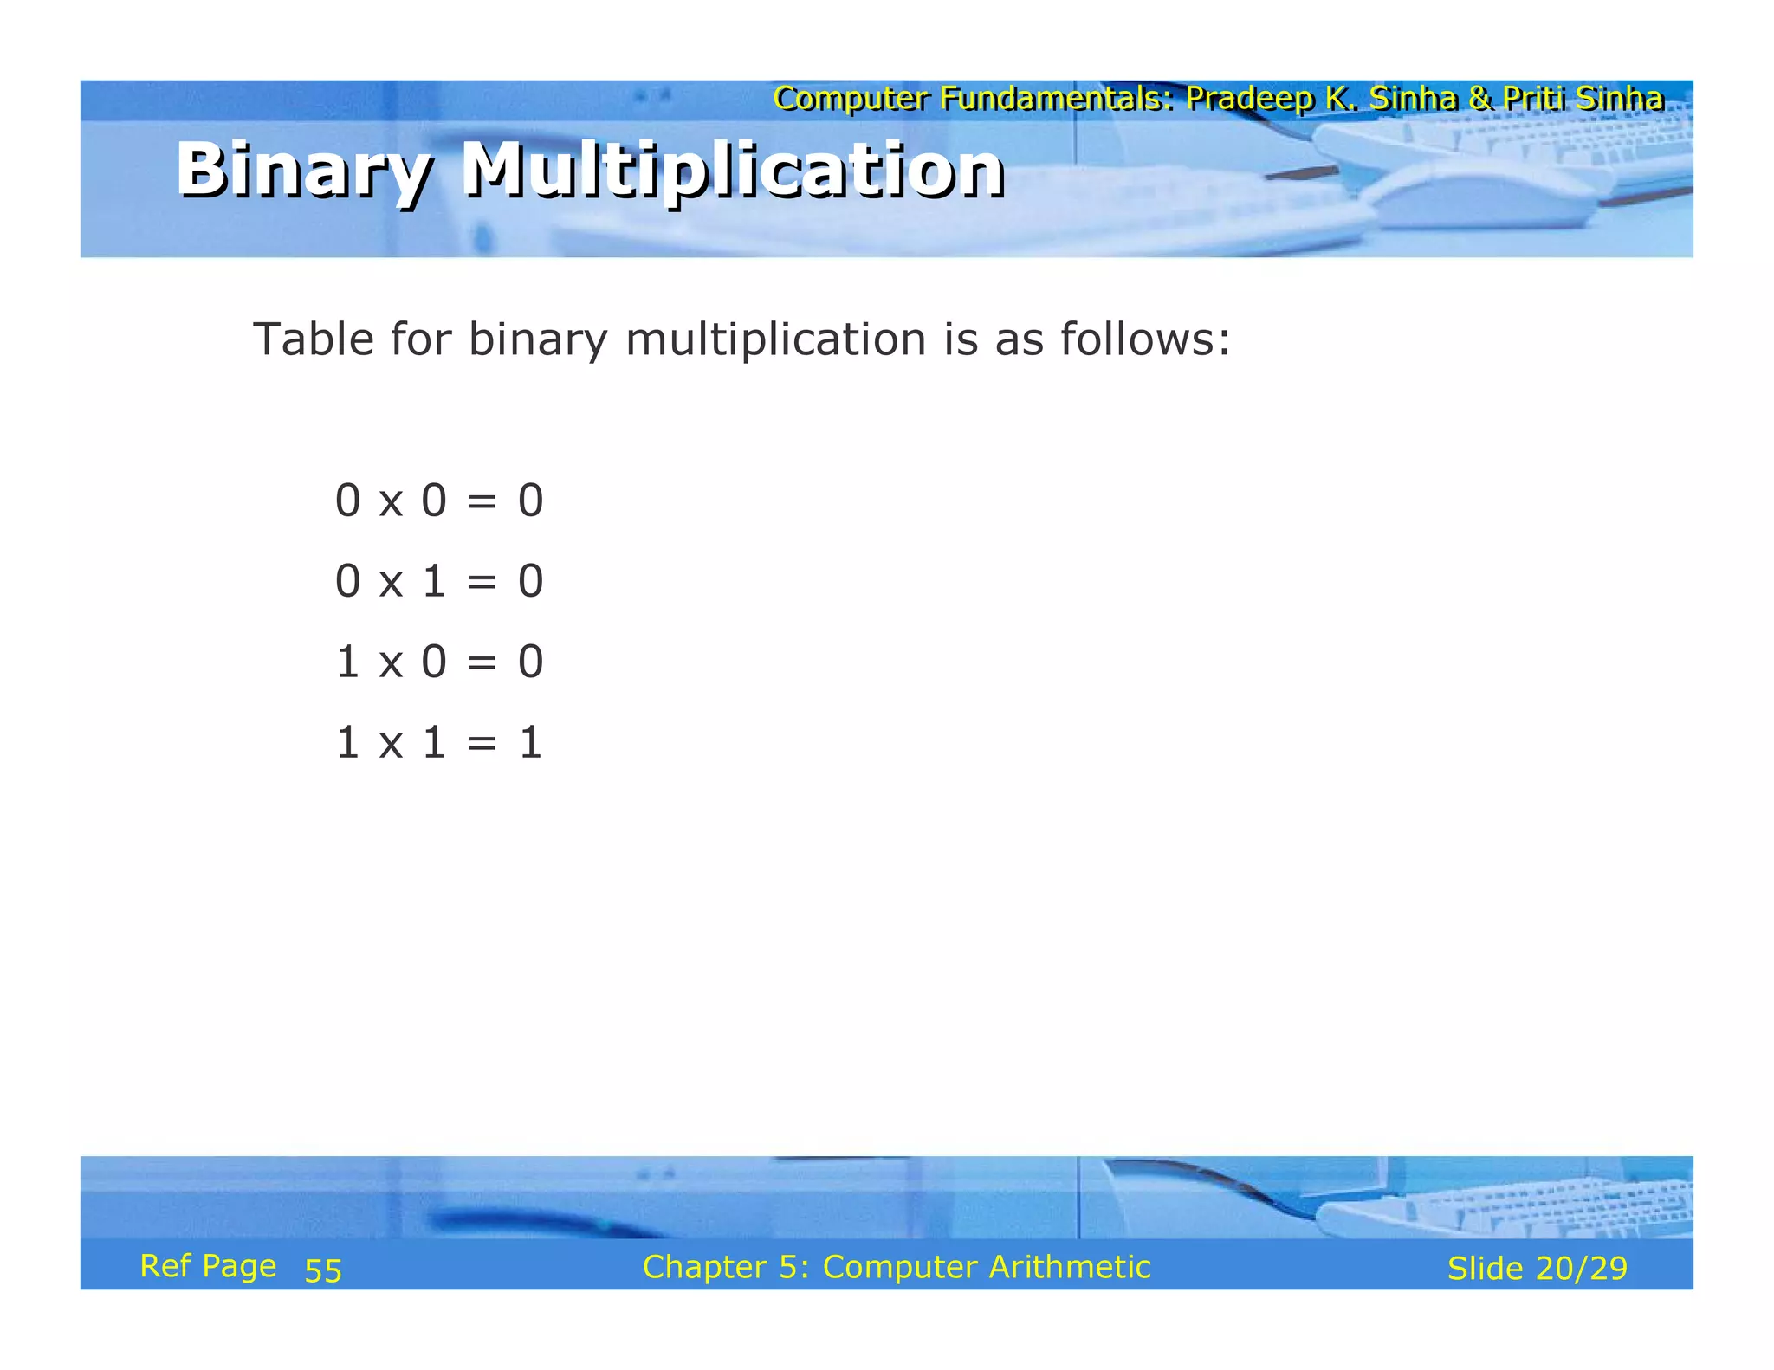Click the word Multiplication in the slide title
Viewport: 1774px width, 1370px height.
click(x=733, y=171)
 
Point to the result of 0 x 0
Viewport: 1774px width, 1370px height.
click(x=530, y=501)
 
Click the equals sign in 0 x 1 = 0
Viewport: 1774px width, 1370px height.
click(x=482, y=581)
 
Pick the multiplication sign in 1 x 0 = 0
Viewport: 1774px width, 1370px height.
click(x=391, y=662)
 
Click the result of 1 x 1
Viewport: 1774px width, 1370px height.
click(x=530, y=743)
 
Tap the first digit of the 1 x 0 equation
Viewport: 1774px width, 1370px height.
click(x=347, y=662)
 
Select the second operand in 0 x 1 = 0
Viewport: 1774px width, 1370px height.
click(x=434, y=581)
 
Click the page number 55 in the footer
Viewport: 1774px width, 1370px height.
click(x=323, y=1270)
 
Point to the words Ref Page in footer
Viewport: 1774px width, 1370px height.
click(x=208, y=1266)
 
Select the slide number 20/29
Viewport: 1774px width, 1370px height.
click(x=1582, y=1269)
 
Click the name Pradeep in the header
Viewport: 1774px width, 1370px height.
click(x=1249, y=99)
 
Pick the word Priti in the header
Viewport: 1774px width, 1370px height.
click(x=1534, y=99)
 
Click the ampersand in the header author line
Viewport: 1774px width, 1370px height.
click(x=1480, y=99)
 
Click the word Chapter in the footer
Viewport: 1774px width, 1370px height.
click(x=704, y=1267)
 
